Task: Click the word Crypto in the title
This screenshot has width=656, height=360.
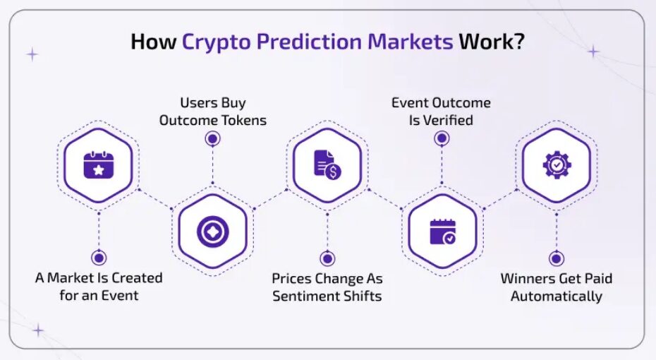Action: pyautogui.click(x=217, y=42)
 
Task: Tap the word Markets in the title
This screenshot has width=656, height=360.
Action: pyautogui.click(x=410, y=42)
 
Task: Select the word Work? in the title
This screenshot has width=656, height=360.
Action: pyautogui.click(x=492, y=42)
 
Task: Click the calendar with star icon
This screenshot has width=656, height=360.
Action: pyautogui.click(x=98, y=165)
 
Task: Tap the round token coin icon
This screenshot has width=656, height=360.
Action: pyautogui.click(x=213, y=232)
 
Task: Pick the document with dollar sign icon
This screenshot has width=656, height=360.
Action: pyautogui.click(x=327, y=165)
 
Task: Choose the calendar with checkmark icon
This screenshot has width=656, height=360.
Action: pyautogui.click(x=443, y=232)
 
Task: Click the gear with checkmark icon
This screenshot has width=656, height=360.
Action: pyautogui.click(x=557, y=165)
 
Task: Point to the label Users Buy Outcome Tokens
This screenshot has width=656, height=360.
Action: pyautogui.click(x=212, y=112)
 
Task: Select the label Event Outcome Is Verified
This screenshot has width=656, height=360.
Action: pyautogui.click(x=441, y=112)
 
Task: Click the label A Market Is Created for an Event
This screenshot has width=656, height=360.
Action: pyautogui.click(x=99, y=287)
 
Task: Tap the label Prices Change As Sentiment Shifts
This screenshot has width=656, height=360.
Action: pyautogui.click(x=327, y=287)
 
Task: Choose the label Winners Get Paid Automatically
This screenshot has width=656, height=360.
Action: pyautogui.click(x=557, y=287)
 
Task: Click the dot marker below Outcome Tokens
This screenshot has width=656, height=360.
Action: pyautogui.click(x=213, y=138)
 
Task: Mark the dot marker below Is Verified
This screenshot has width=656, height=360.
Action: pyautogui.click(x=442, y=138)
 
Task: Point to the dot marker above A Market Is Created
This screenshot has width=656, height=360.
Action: pyautogui.click(x=99, y=258)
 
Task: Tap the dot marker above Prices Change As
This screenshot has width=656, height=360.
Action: pyautogui.click(x=327, y=258)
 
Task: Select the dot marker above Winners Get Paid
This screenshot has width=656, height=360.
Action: pyautogui.click(x=557, y=258)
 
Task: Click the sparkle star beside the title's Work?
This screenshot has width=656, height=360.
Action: pyautogui.click(x=593, y=52)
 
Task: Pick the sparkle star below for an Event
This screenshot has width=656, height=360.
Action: pyautogui.click(x=38, y=330)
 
